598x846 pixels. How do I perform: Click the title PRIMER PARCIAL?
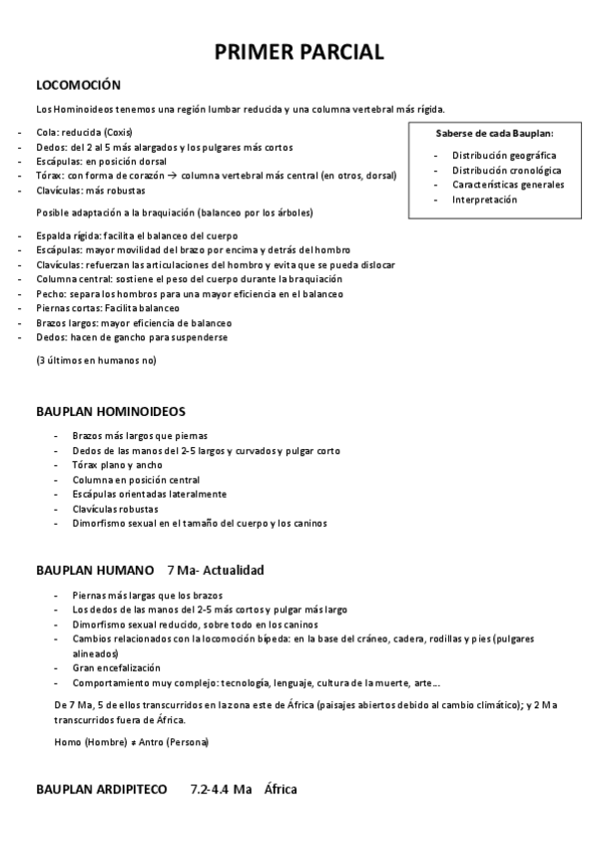pyautogui.click(x=299, y=53)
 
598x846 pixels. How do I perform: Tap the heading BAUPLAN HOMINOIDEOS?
pyautogui.click(x=111, y=411)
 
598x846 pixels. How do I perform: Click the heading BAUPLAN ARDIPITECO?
pyautogui.click(x=102, y=790)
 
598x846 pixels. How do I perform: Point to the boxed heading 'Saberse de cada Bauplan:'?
pyautogui.click(x=494, y=133)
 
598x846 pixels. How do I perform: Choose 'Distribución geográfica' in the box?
pyautogui.click(x=504, y=156)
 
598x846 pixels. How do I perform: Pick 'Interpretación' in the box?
pyautogui.click(x=484, y=200)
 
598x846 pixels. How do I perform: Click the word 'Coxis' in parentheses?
pyautogui.click(x=118, y=133)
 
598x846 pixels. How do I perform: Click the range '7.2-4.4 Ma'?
pyautogui.click(x=221, y=790)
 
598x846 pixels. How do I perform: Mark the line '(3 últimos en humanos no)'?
pyautogui.click(x=96, y=359)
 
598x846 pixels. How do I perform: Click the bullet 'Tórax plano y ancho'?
pyautogui.click(x=117, y=465)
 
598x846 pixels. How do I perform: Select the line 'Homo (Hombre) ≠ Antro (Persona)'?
pyautogui.click(x=131, y=743)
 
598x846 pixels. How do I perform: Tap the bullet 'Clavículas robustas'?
pyautogui.click(x=115, y=509)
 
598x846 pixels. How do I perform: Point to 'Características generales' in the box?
pyautogui.click(x=508, y=185)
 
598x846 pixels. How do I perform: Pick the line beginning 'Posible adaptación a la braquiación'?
pyautogui.click(x=175, y=212)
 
